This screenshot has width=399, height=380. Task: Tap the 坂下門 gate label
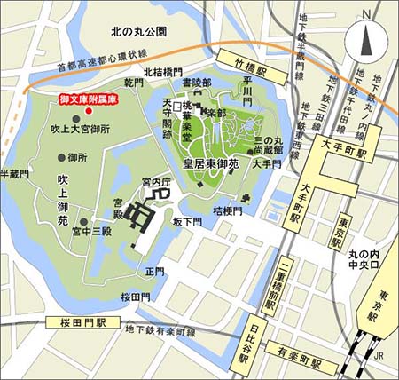pos(188,222)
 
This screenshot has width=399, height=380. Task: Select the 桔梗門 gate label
pos(228,210)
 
